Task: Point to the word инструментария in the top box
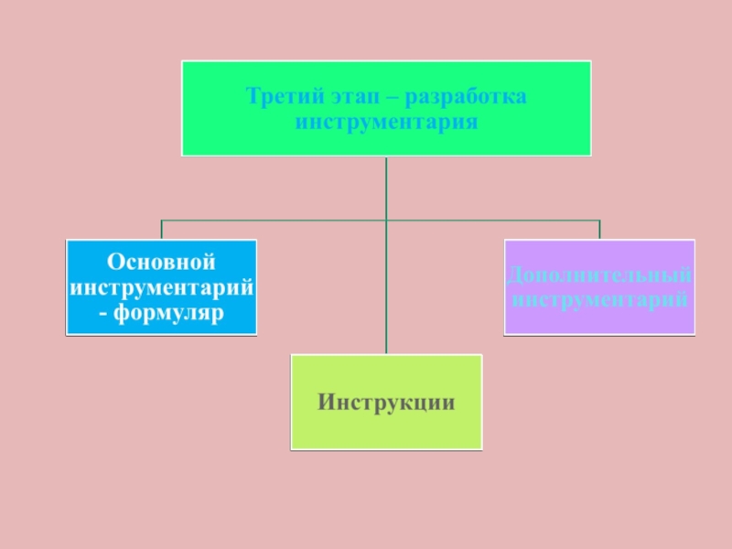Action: (386, 121)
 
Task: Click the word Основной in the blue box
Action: (161, 262)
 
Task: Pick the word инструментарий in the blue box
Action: (161, 287)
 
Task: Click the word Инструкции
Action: (386, 403)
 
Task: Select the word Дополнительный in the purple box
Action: (599, 274)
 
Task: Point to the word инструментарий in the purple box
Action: (599, 298)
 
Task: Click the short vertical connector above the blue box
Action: (161, 230)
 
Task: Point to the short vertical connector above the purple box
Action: (599, 230)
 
